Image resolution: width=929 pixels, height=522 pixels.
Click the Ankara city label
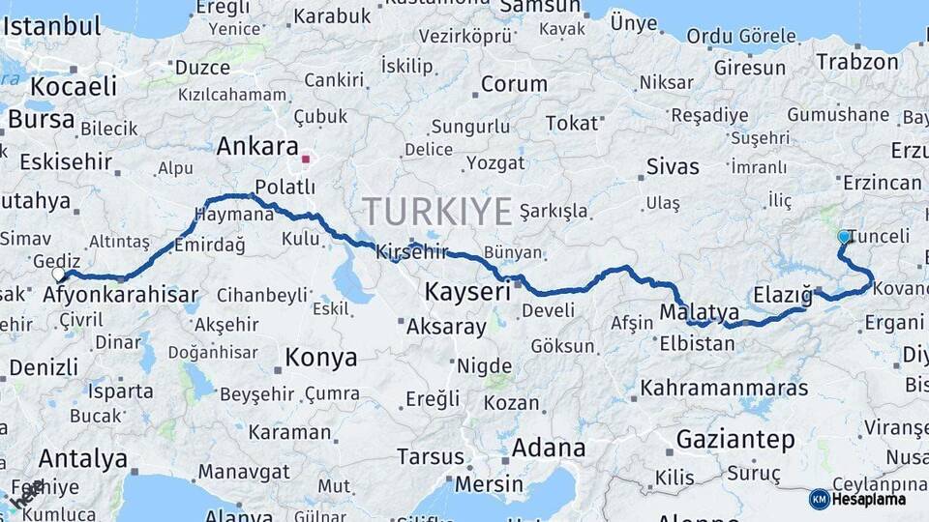pyautogui.click(x=256, y=147)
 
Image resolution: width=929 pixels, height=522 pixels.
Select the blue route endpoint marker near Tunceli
pyautogui.click(x=844, y=237)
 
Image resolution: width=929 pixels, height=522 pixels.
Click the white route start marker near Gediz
pyautogui.click(x=58, y=275)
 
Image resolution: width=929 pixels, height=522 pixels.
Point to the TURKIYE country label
pyautogui.click(x=437, y=211)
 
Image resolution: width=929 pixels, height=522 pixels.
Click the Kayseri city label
pyautogui.click(x=467, y=291)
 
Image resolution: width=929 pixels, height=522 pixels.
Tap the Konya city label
pyautogui.click(x=320, y=358)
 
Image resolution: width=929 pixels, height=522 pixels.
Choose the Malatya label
pyautogui.click(x=699, y=312)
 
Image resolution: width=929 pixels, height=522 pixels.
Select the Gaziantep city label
pyautogui.click(x=734, y=440)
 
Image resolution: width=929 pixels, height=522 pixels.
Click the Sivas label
pyautogui.click(x=672, y=166)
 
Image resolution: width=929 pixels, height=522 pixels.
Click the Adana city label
pyautogui.click(x=548, y=449)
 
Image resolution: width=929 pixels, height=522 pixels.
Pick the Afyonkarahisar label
pyautogui.click(x=121, y=295)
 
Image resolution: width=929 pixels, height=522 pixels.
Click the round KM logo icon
pyautogui.click(x=819, y=499)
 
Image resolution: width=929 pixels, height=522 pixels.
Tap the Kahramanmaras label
pyautogui.click(x=724, y=389)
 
